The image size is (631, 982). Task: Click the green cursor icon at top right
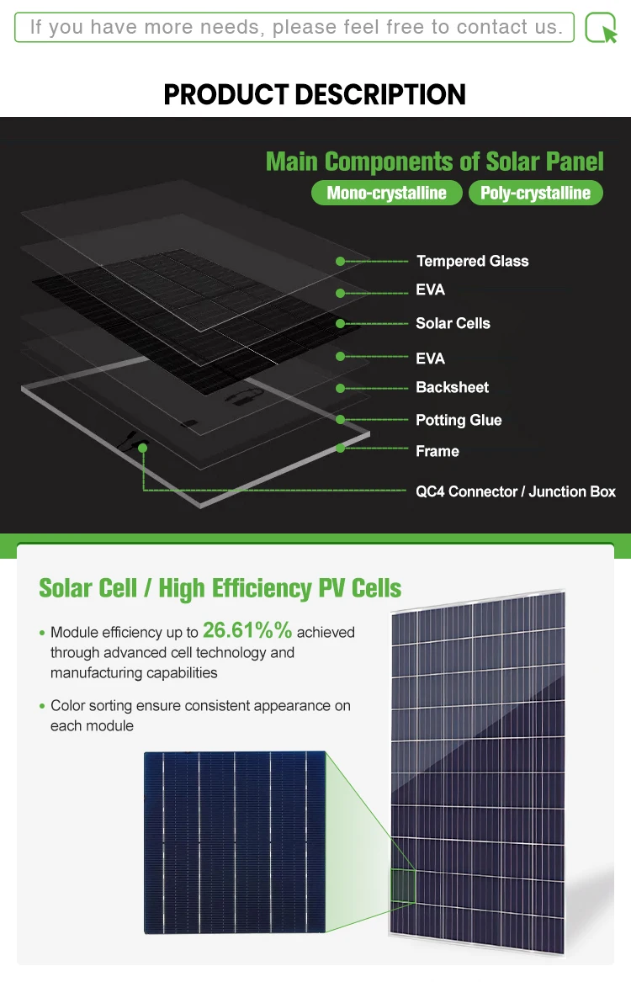click(601, 28)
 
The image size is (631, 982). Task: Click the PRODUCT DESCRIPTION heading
click(315, 94)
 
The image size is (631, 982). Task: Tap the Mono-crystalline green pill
click(386, 193)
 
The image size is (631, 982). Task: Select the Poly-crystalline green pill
click(535, 193)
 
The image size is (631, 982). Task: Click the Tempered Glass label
click(472, 261)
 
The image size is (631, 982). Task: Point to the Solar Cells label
click(453, 323)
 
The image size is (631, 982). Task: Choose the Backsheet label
click(452, 387)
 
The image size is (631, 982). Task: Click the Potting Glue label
click(459, 420)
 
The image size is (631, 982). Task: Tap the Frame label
click(437, 451)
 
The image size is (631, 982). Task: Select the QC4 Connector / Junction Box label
click(516, 491)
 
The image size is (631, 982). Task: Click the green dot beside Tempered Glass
click(340, 262)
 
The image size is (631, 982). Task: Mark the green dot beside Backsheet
click(340, 388)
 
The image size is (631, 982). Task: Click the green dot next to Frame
click(340, 449)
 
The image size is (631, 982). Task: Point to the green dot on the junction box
click(143, 448)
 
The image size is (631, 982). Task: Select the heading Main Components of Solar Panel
click(435, 161)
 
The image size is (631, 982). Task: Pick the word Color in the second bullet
click(68, 706)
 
